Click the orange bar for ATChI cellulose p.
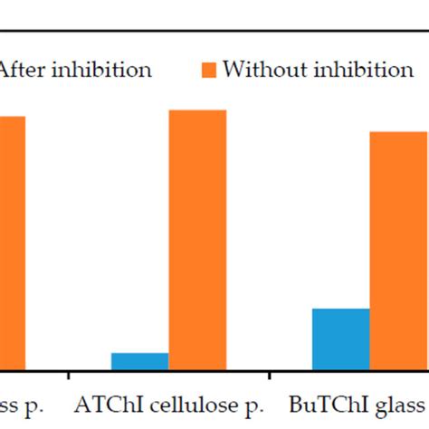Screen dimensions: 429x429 click(197, 240)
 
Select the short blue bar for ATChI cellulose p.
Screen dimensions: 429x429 click(139, 361)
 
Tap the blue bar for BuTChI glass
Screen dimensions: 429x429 click(340, 338)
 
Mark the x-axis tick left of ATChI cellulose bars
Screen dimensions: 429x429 click(69, 374)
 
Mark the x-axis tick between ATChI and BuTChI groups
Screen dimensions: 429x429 click(270, 374)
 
